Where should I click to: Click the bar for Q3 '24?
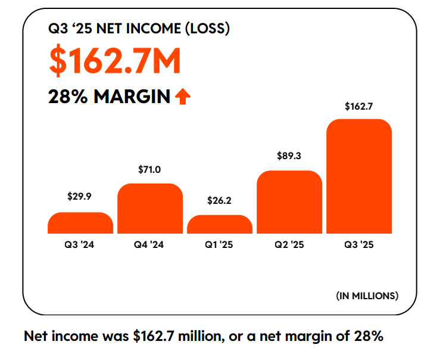[x=80, y=223]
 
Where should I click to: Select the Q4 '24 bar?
[x=149, y=209]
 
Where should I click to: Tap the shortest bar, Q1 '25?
[x=220, y=224]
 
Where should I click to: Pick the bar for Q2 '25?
[x=289, y=202]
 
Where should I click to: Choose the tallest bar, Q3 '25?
[x=359, y=176]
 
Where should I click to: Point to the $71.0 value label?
[x=149, y=170]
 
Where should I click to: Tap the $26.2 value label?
[x=219, y=201]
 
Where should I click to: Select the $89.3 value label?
[x=289, y=156]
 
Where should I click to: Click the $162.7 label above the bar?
[x=359, y=107]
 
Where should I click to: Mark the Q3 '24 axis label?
[x=80, y=244]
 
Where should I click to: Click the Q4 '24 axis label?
[x=149, y=244]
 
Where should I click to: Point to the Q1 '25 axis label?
[x=219, y=244]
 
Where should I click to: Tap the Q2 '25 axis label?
[x=289, y=244]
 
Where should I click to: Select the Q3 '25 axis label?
[x=359, y=244]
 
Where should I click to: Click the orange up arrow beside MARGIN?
[x=183, y=96]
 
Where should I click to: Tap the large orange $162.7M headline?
[x=115, y=61]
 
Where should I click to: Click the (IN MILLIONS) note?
[x=367, y=295]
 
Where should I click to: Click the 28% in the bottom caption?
[x=364, y=336]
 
